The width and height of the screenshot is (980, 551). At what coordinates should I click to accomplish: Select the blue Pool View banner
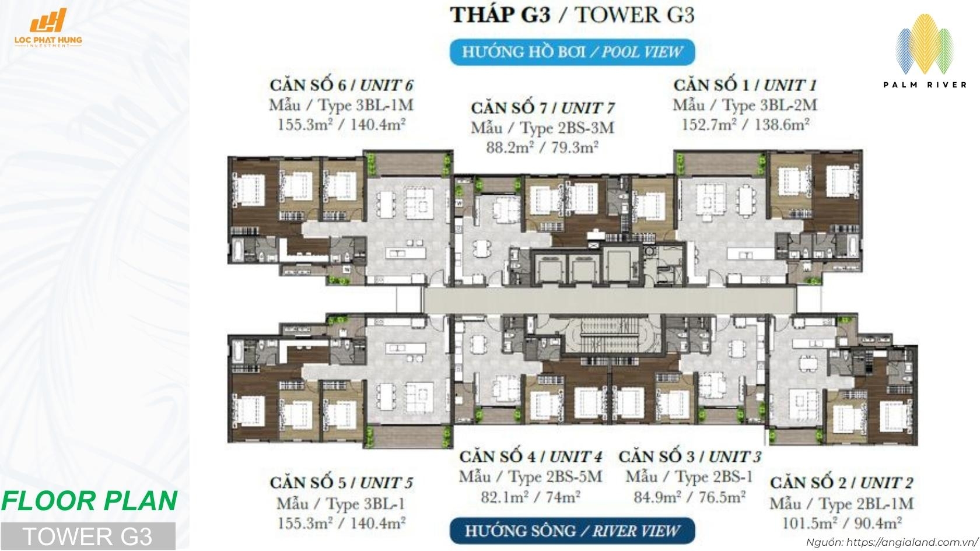pos(572,52)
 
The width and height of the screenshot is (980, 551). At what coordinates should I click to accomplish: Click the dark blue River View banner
pos(572,531)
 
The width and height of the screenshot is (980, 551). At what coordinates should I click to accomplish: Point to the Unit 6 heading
pos(341,85)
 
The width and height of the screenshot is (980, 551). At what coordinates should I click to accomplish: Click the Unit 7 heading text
pos(542,108)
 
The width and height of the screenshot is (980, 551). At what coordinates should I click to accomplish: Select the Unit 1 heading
pos(744,85)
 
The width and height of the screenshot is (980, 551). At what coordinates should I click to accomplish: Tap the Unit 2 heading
pos(841,483)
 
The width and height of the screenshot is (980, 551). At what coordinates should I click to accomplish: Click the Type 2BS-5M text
pos(530,477)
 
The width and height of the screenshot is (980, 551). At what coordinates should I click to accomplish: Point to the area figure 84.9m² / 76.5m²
pos(689,497)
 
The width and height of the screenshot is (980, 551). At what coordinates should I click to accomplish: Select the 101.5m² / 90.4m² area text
pos(841,523)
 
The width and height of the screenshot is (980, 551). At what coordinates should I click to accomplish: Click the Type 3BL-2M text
pos(744,106)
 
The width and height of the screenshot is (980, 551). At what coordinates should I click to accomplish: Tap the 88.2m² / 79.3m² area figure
pos(542,148)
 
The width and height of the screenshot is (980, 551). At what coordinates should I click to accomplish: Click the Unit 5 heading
pos(341,483)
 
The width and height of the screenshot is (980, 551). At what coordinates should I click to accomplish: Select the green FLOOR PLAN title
pos(89,501)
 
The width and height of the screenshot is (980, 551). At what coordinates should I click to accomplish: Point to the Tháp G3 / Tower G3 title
pos(572,15)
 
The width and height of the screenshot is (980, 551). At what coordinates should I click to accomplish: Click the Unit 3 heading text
pos(689,457)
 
